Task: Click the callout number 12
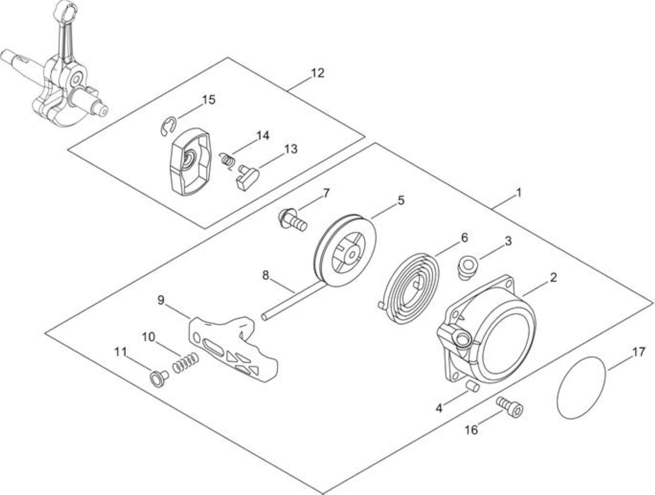(x=317, y=73)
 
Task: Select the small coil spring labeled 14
(x=228, y=161)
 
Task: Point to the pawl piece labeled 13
(x=247, y=178)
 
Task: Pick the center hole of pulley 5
(x=353, y=254)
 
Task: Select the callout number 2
(x=553, y=278)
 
